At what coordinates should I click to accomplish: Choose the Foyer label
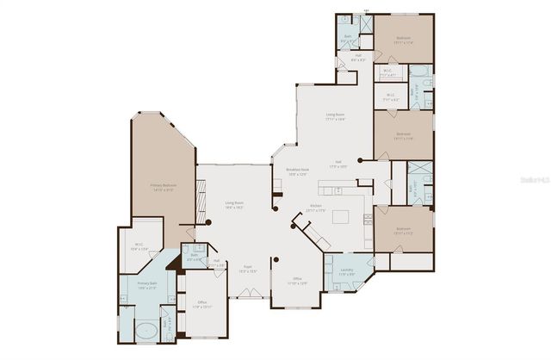click(247, 269)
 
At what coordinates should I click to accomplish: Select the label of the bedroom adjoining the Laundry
click(403, 231)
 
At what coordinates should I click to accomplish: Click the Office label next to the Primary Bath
click(202, 303)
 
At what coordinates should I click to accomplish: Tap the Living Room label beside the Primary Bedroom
click(234, 205)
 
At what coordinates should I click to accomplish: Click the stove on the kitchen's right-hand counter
click(369, 218)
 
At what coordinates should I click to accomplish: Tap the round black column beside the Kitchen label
click(275, 208)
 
